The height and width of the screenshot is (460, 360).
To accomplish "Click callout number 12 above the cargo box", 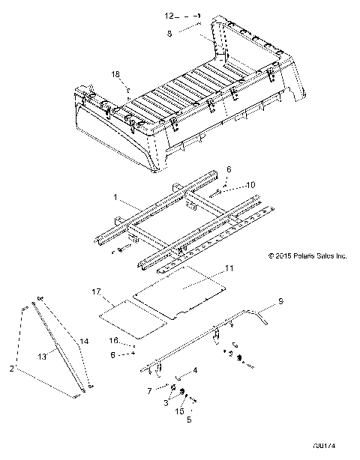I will coord(169,15).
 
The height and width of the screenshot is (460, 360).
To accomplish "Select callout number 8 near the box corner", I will coord(169,33).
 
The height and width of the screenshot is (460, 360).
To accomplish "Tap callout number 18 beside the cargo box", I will coord(115,73).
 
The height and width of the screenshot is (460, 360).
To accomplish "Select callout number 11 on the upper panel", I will coord(229,267).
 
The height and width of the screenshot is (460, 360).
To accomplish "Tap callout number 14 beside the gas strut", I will coord(83,342).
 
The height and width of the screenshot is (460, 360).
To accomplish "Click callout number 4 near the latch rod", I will coord(196,370).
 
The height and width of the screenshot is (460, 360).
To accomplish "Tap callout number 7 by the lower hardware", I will coord(150,391).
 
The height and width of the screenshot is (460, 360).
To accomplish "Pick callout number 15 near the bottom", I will coord(178,411).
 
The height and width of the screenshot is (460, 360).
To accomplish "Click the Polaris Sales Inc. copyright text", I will coord(307,255).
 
